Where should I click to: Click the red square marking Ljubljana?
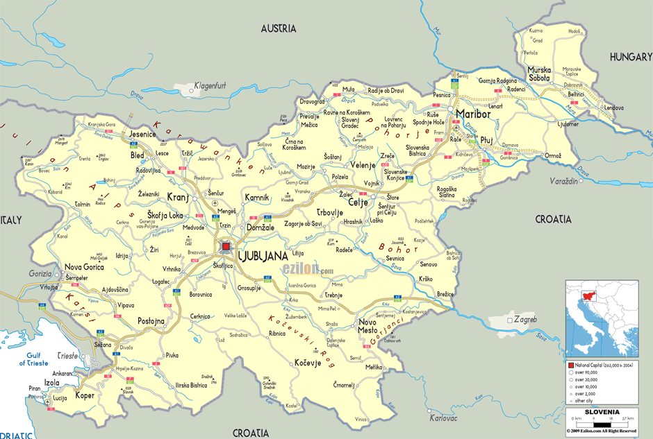(226, 246)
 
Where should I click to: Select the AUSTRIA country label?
(278, 28)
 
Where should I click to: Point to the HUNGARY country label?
(630, 58)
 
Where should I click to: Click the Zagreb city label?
(524, 320)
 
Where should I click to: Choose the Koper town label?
(85, 395)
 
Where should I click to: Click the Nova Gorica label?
(84, 267)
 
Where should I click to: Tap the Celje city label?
(358, 203)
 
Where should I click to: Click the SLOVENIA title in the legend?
(602, 411)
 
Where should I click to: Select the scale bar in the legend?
(601, 424)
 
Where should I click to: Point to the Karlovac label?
(443, 419)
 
